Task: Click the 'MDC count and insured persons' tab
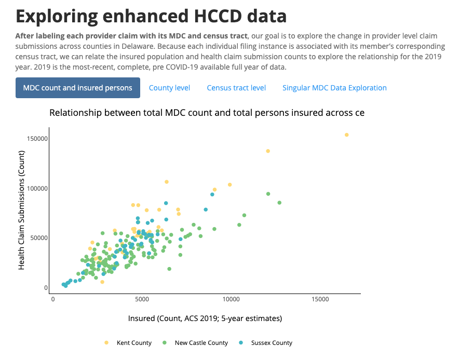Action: click(x=78, y=88)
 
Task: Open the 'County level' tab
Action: click(x=169, y=88)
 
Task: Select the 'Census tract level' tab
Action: click(x=236, y=88)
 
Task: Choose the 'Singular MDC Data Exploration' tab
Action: click(x=334, y=88)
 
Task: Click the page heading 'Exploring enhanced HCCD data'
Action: click(x=151, y=16)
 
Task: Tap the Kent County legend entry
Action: click(x=133, y=343)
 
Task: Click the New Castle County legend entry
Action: click(x=201, y=343)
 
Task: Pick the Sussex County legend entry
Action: click(x=272, y=343)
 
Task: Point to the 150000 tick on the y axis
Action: click(x=38, y=139)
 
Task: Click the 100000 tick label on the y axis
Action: click(x=38, y=188)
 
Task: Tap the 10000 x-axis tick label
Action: click(x=231, y=300)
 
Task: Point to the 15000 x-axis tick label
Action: click(x=320, y=300)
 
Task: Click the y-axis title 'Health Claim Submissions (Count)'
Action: click(x=22, y=210)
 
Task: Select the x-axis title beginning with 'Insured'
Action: click(x=205, y=318)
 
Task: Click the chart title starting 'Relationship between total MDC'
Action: click(x=207, y=113)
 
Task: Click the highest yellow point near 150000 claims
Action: click(x=347, y=135)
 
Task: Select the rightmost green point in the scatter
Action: click(x=279, y=203)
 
